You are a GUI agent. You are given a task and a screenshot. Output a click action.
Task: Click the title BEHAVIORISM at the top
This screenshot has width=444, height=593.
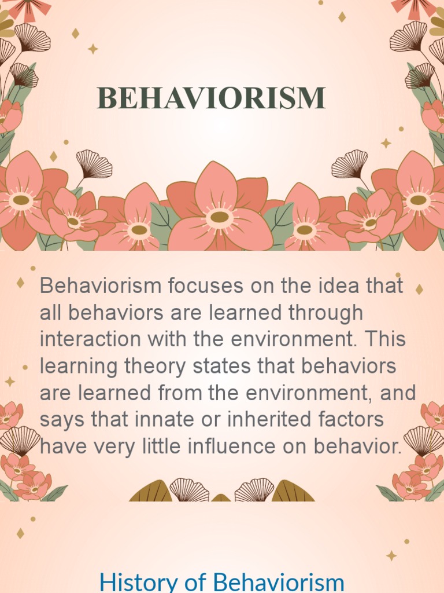coord(211,98)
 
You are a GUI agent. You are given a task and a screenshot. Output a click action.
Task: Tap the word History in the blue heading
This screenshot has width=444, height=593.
coord(135,581)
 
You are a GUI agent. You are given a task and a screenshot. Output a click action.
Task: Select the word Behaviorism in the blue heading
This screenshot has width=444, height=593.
coord(279,581)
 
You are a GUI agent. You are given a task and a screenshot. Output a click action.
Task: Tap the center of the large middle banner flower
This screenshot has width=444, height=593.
coord(219,217)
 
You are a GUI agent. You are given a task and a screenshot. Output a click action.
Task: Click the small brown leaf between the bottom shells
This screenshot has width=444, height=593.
coord(221,498)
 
